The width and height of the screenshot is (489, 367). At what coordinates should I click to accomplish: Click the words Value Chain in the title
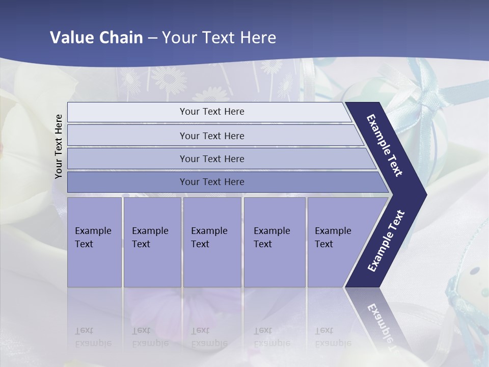(x=96, y=38)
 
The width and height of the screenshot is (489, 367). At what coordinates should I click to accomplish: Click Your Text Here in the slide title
(x=219, y=38)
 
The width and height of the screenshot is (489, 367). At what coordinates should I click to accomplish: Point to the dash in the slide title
(x=152, y=38)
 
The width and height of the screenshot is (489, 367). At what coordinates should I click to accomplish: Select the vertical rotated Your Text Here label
(x=59, y=146)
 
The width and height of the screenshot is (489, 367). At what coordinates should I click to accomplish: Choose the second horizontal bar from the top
(x=211, y=136)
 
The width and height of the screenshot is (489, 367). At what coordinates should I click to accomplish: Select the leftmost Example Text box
(x=94, y=242)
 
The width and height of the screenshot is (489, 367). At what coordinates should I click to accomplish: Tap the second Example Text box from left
(x=152, y=242)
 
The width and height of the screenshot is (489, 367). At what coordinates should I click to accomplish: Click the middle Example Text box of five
(x=212, y=242)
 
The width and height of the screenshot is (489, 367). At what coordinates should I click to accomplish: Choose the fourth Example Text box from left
(x=275, y=242)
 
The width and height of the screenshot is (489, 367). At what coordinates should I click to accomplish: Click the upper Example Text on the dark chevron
(x=385, y=145)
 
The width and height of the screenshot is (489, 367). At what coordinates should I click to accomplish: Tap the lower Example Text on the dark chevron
(x=386, y=241)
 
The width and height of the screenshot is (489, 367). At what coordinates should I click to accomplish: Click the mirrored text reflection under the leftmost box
(x=93, y=337)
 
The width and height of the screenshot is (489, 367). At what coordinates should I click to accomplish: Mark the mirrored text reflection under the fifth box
(x=333, y=337)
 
